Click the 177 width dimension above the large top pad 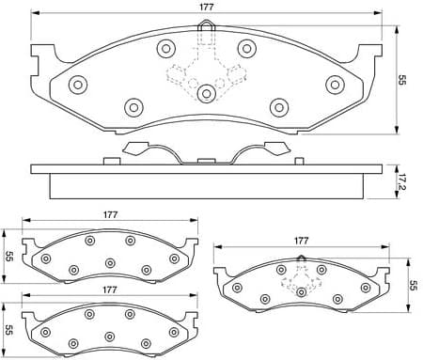205,9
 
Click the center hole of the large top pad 205,92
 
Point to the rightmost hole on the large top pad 333,85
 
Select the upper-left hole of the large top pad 166,48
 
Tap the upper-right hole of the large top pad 246,48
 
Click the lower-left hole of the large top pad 133,106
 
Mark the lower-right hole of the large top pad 278,106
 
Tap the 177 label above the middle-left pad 111,215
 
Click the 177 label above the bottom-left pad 111,290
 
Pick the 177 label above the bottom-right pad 303,241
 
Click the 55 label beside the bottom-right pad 412,286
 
